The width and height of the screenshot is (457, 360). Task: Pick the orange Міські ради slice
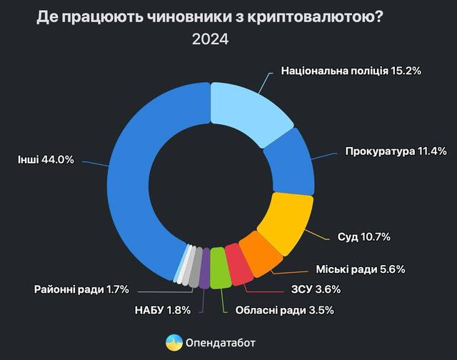click(x=258, y=253)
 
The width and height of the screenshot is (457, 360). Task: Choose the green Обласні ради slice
click(x=221, y=269)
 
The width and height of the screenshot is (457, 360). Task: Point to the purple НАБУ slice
click(x=205, y=268)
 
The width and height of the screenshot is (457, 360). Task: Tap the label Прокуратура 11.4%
click(x=395, y=151)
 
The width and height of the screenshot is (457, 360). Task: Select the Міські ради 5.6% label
click(x=360, y=269)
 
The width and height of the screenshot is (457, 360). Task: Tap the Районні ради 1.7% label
click(x=81, y=289)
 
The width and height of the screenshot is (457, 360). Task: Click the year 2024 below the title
click(x=210, y=40)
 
